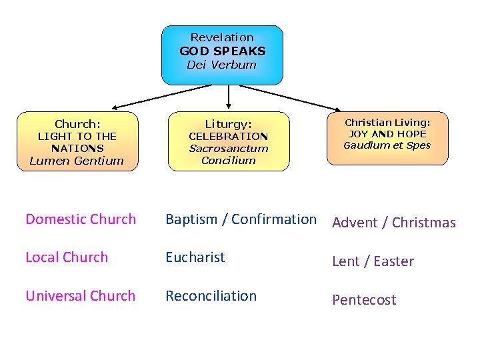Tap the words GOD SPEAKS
click(x=222, y=51)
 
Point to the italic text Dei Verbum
click(x=222, y=65)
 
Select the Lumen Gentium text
click(x=77, y=161)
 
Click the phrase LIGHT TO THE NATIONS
click(x=77, y=142)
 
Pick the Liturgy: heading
click(x=229, y=124)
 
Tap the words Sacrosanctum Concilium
click(x=229, y=155)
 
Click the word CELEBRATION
click(x=229, y=137)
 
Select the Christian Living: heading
click(x=387, y=122)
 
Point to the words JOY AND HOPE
click(x=387, y=133)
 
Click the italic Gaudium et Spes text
click(x=387, y=145)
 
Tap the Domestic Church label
click(x=81, y=219)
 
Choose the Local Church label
click(x=67, y=257)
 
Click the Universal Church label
click(x=81, y=296)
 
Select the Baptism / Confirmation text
click(x=241, y=219)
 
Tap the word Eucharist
click(x=195, y=257)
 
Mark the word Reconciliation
click(x=211, y=296)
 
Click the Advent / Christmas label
click(x=394, y=223)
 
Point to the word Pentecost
click(x=364, y=300)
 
